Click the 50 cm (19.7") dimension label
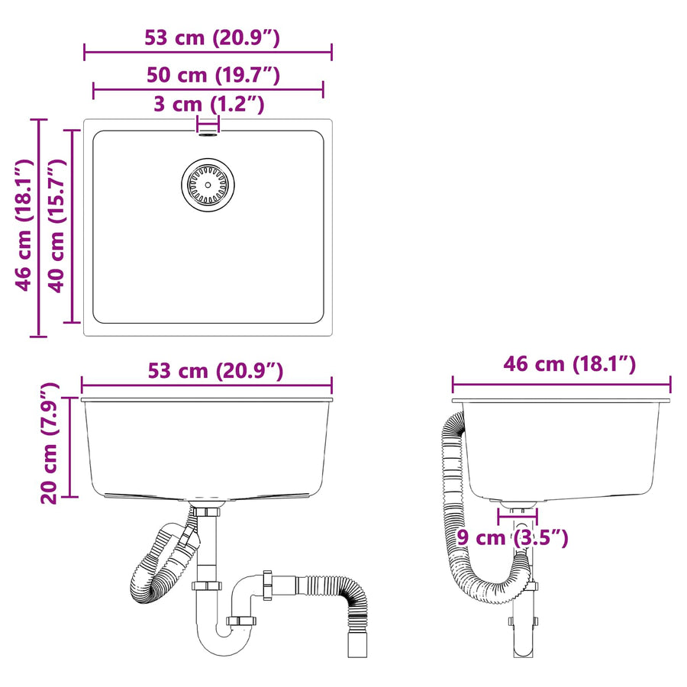click(213, 76)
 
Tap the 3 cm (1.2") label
click(209, 105)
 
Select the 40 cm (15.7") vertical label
click(57, 225)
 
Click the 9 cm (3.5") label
click(512, 537)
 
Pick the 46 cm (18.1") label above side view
click(569, 364)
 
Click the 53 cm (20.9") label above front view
click(215, 371)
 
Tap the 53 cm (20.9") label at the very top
click(212, 37)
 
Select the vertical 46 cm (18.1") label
click(24, 225)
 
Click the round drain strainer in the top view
click(208, 185)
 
